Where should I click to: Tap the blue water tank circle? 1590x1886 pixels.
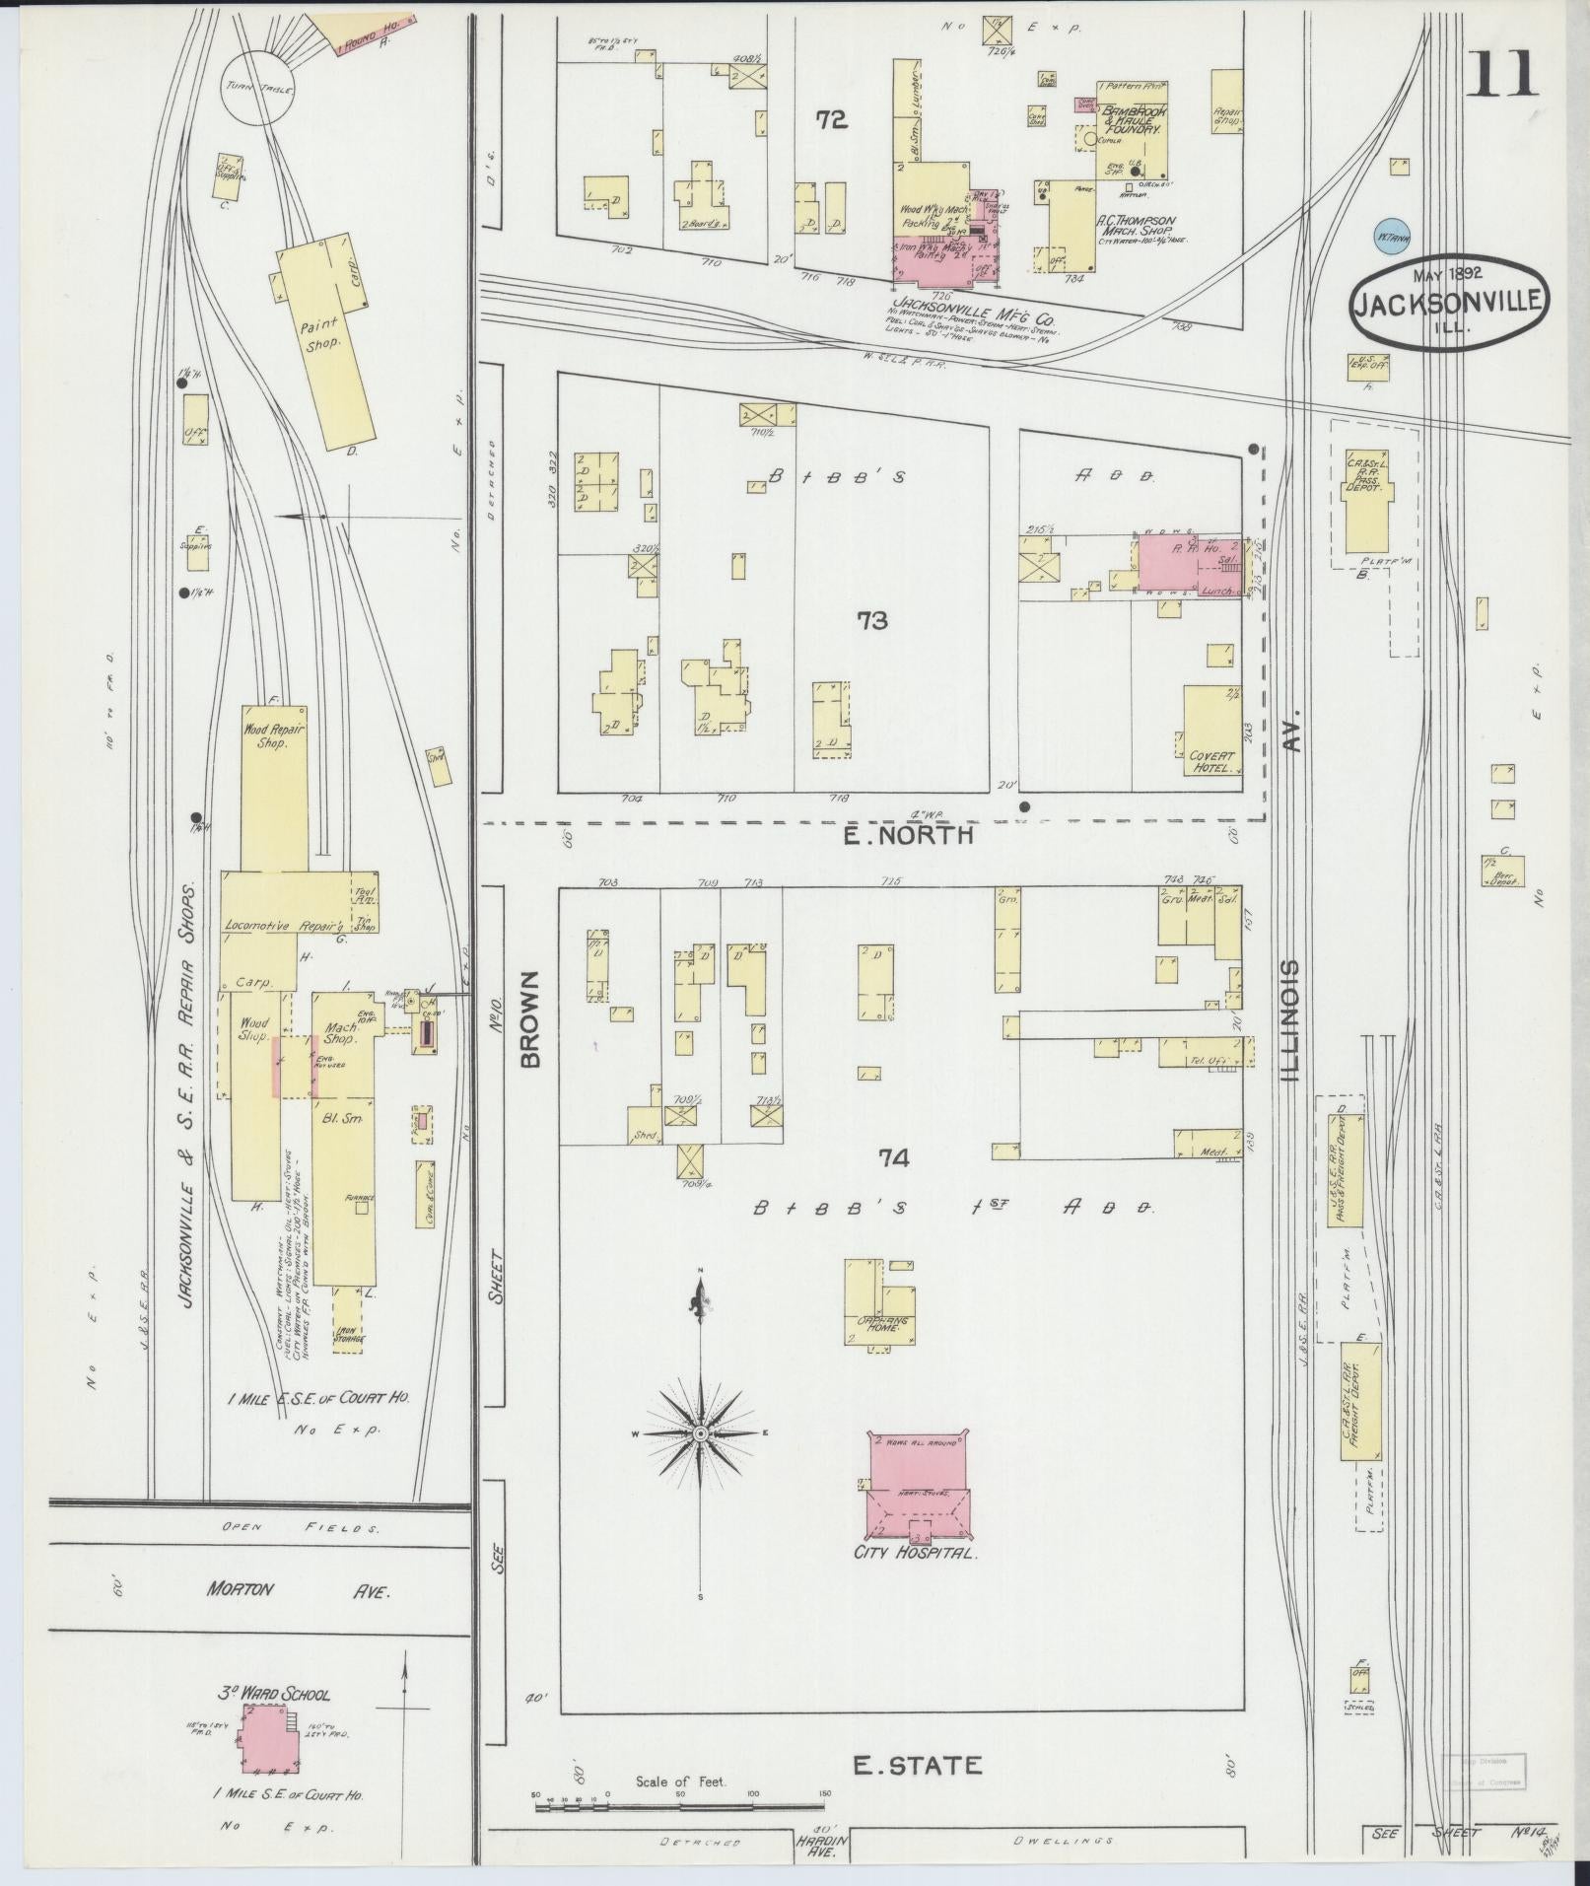[1392, 236]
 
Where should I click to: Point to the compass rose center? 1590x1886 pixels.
[700, 1432]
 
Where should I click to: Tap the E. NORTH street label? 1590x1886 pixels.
[909, 835]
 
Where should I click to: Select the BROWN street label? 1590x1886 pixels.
[530, 1019]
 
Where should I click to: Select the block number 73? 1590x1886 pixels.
[871, 620]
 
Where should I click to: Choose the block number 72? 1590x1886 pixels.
[831, 119]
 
